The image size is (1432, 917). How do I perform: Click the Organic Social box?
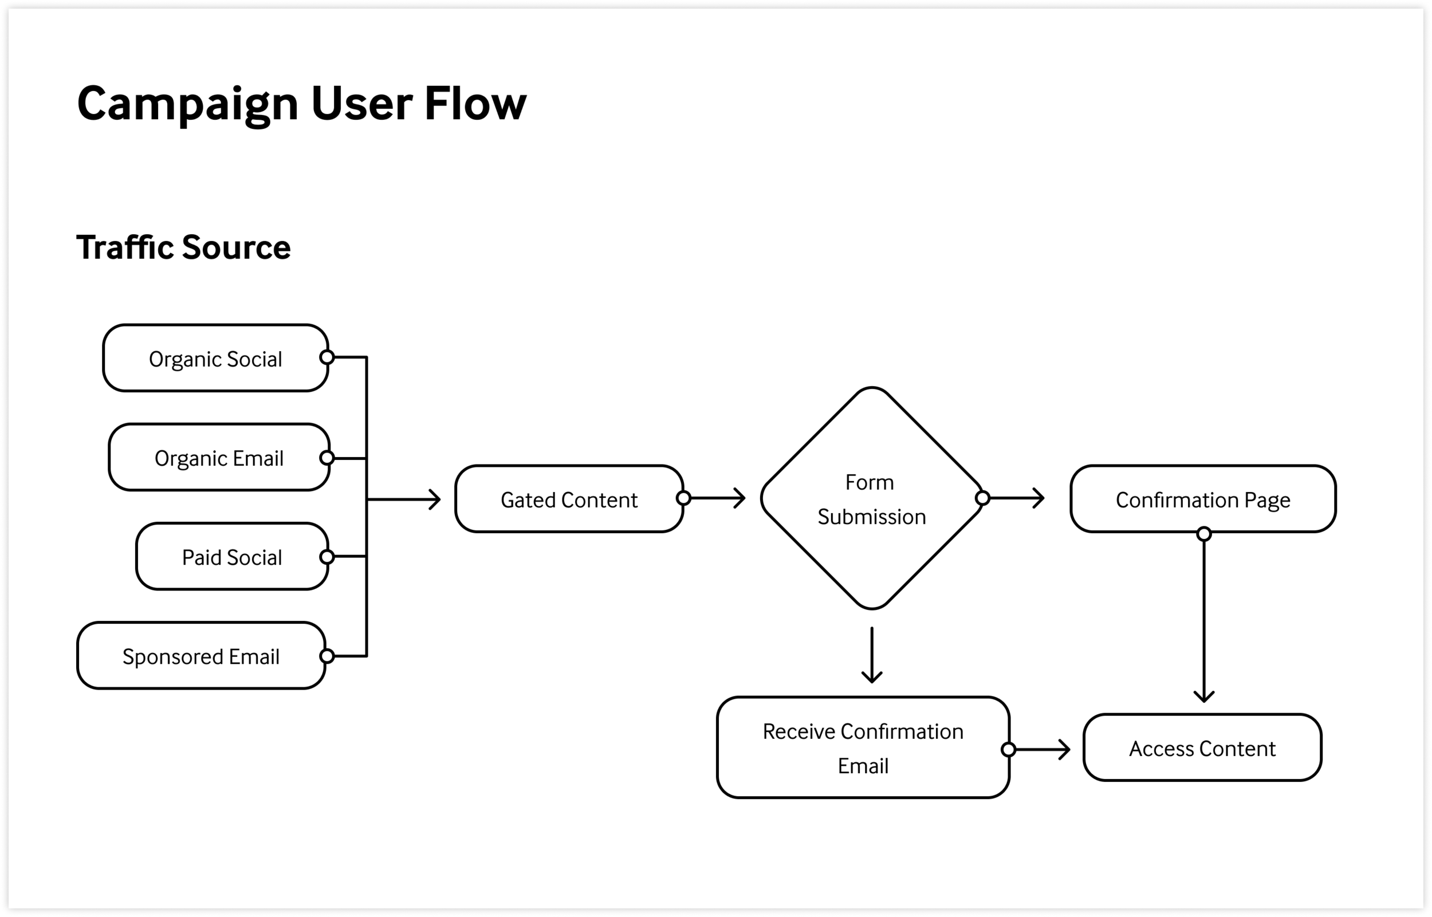click(215, 358)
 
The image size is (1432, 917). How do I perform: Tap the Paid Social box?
click(231, 557)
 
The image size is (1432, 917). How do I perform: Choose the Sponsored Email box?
click(200, 656)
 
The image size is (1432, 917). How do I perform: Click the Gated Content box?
click(569, 499)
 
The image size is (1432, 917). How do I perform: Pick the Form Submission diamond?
click(871, 499)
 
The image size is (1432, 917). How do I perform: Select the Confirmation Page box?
click(1202, 499)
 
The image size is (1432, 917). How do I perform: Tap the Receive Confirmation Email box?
click(862, 747)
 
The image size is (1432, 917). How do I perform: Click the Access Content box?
click(1202, 747)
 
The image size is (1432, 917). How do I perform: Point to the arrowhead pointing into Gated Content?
click(435, 499)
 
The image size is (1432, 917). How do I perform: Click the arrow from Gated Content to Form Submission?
click(718, 498)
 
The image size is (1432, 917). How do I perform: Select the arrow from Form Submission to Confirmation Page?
click(1017, 498)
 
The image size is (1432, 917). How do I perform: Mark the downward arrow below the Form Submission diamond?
click(872, 655)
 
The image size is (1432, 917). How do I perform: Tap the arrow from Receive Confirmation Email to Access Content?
click(1042, 749)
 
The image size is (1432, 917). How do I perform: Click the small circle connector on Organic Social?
click(327, 357)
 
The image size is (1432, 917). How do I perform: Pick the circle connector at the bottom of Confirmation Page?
click(1204, 533)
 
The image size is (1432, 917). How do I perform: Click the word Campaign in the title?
click(187, 104)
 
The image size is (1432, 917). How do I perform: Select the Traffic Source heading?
click(183, 247)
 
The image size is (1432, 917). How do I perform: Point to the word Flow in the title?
click(475, 104)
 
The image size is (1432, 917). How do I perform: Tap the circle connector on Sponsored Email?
click(327, 656)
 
